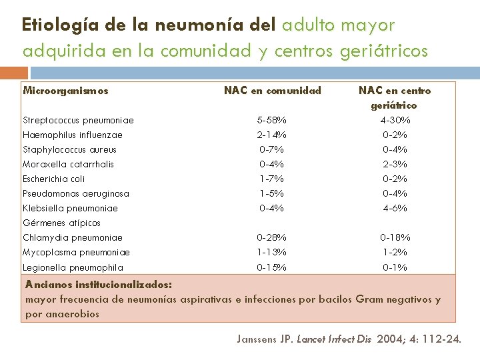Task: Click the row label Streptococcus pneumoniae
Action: click(78, 121)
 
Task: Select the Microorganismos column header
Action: click(65, 91)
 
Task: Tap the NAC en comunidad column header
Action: click(272, 91)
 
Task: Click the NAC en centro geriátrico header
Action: click(395, 97)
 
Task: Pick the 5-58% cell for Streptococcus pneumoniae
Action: click(272, 121)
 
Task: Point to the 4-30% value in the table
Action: click(395, 121)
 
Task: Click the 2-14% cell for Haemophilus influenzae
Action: click(272, 135)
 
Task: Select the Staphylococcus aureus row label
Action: click(69, 150)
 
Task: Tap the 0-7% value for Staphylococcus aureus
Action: click(272, 150)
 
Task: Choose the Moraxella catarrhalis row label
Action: click(68, 165)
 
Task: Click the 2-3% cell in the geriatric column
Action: click(395, 165)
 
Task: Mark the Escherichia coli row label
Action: click(54, 179)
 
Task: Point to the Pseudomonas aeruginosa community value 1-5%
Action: click(272, 194)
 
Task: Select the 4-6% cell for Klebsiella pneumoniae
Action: click(395, 209)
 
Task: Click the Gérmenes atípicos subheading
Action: click(61, 223)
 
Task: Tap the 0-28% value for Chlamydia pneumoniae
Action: click(272, 238)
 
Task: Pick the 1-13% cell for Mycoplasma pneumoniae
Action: click(272, 253)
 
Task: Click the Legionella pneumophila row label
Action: click(73, 268)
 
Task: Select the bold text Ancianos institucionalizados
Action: click(99, 285)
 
